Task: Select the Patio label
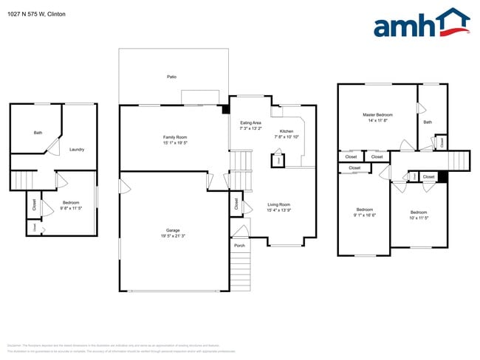point(171,77)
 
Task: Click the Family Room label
point(175,138)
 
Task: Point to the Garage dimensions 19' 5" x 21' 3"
point(174,236)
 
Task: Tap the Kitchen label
point(286,131)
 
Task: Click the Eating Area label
point(250,122)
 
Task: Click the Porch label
point(239,245)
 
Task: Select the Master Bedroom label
point(377,115)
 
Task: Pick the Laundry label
point(77,150)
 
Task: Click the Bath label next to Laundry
point(38,133)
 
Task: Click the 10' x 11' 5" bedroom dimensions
point(419,218)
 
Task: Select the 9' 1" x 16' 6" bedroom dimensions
point(364,215)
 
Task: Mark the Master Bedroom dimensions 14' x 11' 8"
point(377,121)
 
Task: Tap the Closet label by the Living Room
point(236,204)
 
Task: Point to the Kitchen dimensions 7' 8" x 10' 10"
point(286,137)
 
